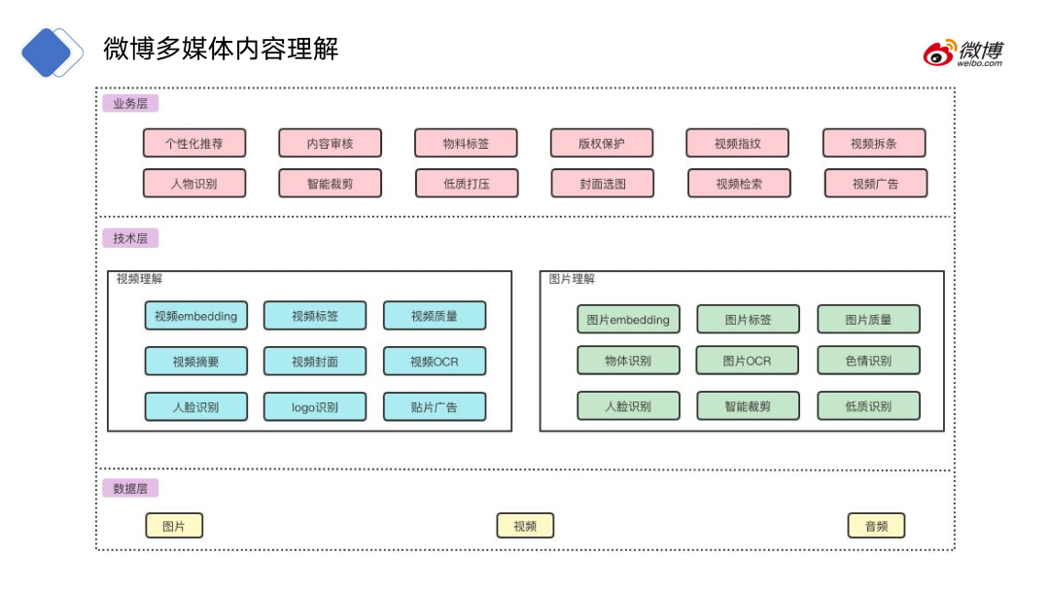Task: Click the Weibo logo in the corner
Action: point(962,52)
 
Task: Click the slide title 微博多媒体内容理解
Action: point(221,49)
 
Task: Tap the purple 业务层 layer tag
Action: point(130,103)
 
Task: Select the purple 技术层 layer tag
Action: point(130,238)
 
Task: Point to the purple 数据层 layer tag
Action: point(130,488)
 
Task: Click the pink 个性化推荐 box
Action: point(194,143)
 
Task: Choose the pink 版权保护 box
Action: point(602,143)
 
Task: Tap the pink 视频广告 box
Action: point(876,183)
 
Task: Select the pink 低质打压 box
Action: point(467,183)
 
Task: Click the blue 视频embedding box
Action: point(195,316)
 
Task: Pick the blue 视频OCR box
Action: point(435,362)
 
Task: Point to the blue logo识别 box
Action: point(315,407)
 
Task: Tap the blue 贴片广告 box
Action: point(435,407)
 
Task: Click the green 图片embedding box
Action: point(628,319)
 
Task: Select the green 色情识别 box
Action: point(868,361)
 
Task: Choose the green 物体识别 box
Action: point(628,361)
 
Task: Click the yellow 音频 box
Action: point(876,526)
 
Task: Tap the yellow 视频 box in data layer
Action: point(525,526)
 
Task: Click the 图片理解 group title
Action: point(572,279)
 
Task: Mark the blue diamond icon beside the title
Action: point(51,52)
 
